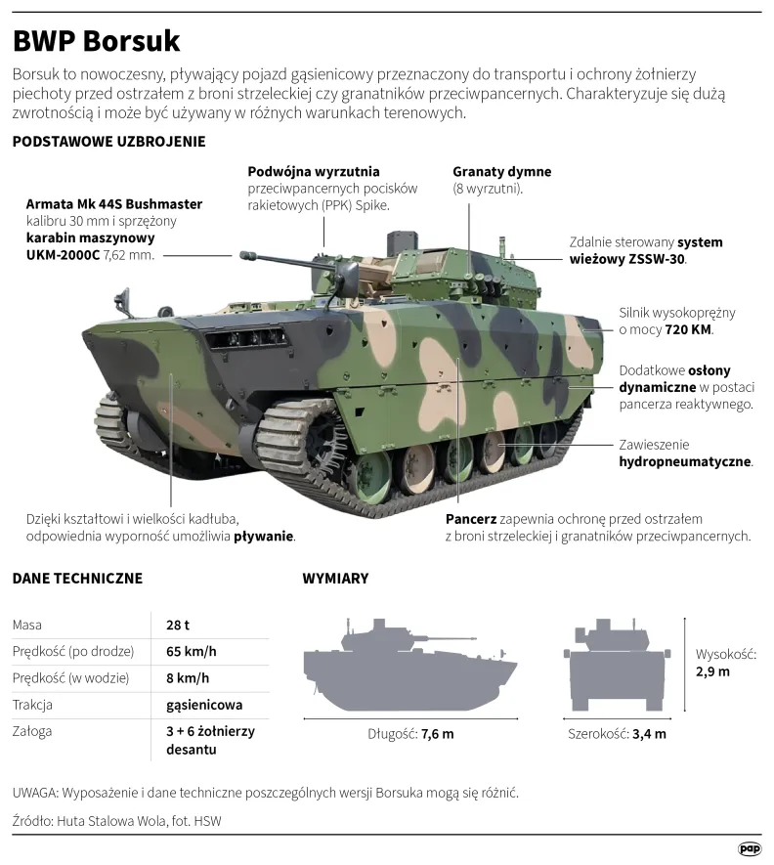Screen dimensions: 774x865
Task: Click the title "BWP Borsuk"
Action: pyautogui.click(x=96, y=41)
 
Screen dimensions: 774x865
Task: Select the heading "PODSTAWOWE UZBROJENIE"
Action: pyautogui.click(x=108, y=142)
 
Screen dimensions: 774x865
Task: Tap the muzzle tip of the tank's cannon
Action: pyautogui.click(x=242, y=255)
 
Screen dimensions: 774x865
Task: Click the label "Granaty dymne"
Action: pyautogui.click(x=502, y=172)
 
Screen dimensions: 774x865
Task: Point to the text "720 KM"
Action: pyautogui.click(x=689, y=330)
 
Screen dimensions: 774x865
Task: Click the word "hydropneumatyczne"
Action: pyautogui.click(x=685, y=461)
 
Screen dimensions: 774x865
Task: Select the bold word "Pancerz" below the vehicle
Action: pyautogui.click(x=471, y=519)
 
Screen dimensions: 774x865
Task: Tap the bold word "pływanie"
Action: pyautogui.click(x=264, y=537)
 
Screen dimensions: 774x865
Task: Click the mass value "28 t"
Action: pyautogui.click(x=178, y=625)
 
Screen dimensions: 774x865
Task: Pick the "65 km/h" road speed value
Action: pyautogui.click(x=192, y=652)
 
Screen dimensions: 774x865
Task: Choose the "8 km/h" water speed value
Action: pyautogui.click(x=188, y=678)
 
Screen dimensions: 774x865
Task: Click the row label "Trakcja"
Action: pyautogui.click(x=32, y=705)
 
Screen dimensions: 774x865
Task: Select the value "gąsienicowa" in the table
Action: pyautogui.click(x=204, y=705)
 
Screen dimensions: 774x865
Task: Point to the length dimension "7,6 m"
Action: pyautogui.click(x=438, y=734)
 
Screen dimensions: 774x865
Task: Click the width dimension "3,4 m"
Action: pyautogui.click(x=649, y=734)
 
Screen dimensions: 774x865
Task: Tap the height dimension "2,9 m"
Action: pyautogui.click(x=712, y=671)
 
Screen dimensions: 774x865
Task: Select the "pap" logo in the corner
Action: pyautogui.click(x=750, y=848)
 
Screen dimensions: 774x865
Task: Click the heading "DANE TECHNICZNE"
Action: pyautogui.click(x=77, y=579)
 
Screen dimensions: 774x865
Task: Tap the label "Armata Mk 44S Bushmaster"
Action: pyautogui.click(x=114, y=204)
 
